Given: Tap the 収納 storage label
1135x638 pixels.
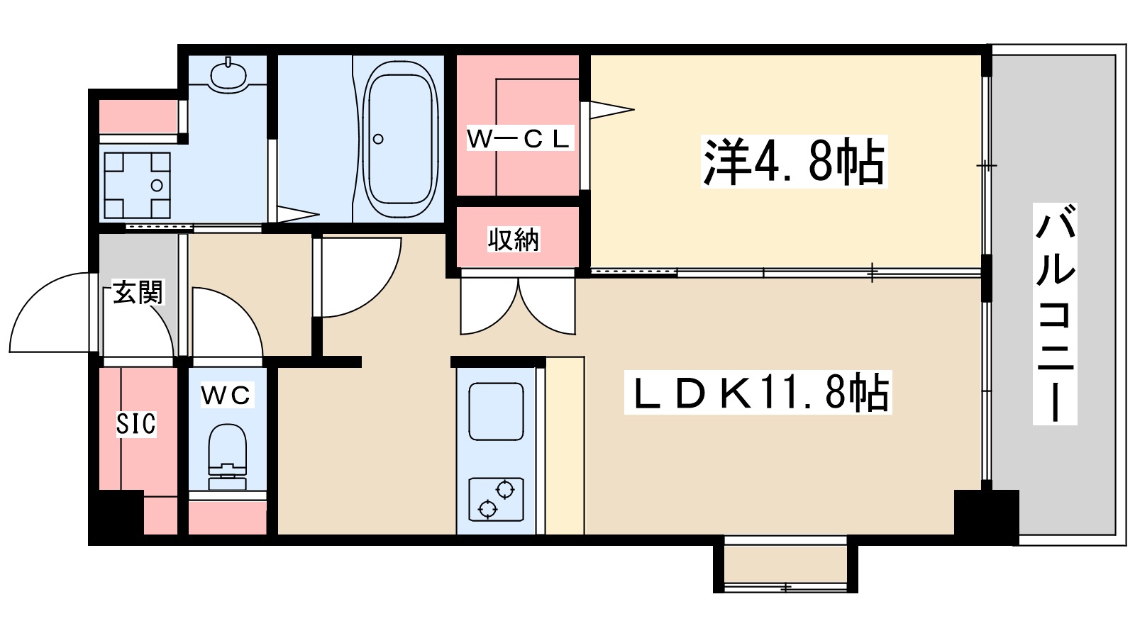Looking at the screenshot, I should coord(514,240).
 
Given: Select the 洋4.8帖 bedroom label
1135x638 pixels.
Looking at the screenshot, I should coord(794,162).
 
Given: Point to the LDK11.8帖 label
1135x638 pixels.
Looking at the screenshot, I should coord(758,392).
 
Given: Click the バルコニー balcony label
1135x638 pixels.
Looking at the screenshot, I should coord(1055,314).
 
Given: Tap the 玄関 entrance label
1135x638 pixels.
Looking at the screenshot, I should coord(138,291).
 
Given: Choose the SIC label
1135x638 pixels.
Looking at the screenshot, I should coord(136,424).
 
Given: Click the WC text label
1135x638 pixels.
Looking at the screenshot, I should coord(226,395).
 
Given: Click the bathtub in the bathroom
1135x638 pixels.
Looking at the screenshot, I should coord(399,139).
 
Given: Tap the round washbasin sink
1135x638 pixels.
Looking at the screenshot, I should coord(228,74).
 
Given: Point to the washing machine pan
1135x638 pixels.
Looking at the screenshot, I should coord(138,185).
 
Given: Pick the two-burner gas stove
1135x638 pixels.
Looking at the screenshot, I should coord(496,499).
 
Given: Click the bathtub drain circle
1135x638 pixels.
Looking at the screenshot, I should coord(378,139).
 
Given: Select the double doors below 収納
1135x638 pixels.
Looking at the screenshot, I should coord(518,305).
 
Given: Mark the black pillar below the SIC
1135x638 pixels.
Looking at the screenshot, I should coord(116,515).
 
